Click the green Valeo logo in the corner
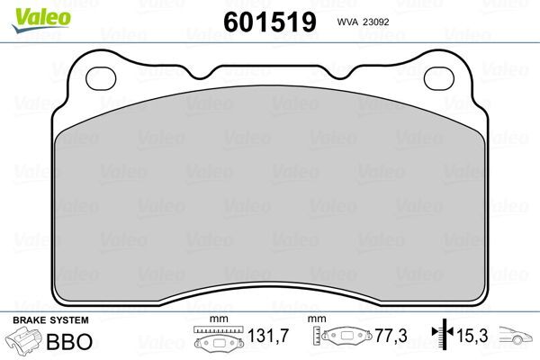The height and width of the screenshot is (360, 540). pyautogui.click(x=28, y=12)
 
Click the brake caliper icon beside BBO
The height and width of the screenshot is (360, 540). pyautogui.click(x=26, y=342)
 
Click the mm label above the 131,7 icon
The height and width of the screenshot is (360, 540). pyautogui.click(x=215, y=319)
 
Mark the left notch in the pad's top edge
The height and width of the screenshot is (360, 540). pyautogui.click(x=215, y=70)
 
